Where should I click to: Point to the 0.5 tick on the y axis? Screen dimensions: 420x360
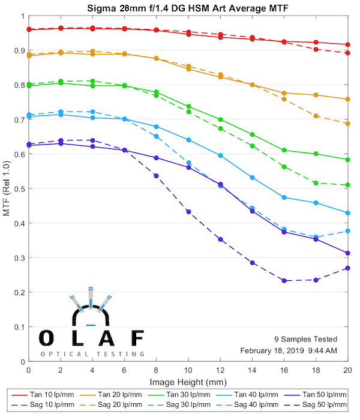pos(19,189)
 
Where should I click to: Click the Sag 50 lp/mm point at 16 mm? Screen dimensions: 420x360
pos(284,281)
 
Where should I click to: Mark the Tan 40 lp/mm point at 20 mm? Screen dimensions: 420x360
pos(348,213)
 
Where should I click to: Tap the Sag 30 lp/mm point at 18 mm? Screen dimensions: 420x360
pos(316,183)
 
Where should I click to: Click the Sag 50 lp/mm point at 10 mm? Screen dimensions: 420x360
pos(188,212)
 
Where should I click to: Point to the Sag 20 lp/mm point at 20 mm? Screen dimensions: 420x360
pos(348,124)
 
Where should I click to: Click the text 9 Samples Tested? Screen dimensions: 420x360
pos(306,339)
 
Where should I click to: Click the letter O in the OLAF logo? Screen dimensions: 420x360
pos(47,338)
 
